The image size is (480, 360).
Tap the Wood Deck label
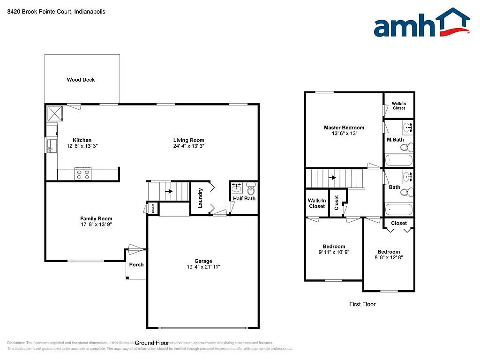(81, 80)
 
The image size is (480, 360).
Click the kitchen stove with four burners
(83, 174)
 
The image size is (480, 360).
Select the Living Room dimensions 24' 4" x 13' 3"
(188, 146)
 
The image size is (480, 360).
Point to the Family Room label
(96, 218)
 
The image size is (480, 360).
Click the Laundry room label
(201, 197)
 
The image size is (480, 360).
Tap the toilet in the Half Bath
(251, 190)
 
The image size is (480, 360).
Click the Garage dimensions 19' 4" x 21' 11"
(203, 267)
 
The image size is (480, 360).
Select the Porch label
(136, 265)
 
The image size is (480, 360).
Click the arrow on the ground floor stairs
(167, 191)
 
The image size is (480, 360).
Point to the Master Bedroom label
(344, 127)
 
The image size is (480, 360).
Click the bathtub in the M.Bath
(399, 161)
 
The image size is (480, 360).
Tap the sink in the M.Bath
(407, 127)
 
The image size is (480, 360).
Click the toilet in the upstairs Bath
(409, 191)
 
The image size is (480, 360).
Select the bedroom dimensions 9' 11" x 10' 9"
(334, 252)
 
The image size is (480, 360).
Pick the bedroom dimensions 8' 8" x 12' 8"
(389, 257)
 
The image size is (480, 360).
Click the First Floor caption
(362, 304)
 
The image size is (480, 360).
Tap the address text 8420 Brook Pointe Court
(40, 12)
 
